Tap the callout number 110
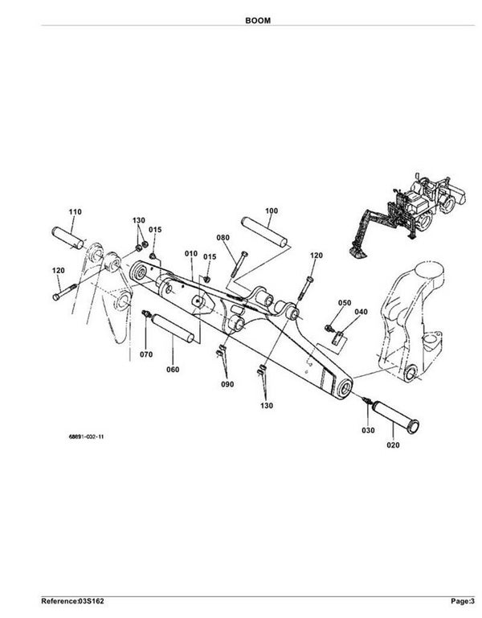pyautogui.click(x=75, y=211)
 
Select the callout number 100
pyautogui.click(x=271, y=211)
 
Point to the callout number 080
pyautogui.click(x=223, y=238)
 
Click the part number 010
pyautogui.click(x=190, y=254)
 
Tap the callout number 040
pyautogui.click(x=361, y=312)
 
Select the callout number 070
pyautogui.click(x=146, y=354)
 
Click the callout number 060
pyautogui.click(x=173, y=370)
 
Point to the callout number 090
pyautogui.click(x=227, y=384)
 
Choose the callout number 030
pyautogui.click(x=368, y=431)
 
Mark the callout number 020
pyautogui.click(x=393, y=442)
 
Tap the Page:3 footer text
pyautogui.click(x=460, y=600)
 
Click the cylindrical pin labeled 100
pyautogui.click(x=266, y=233)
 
